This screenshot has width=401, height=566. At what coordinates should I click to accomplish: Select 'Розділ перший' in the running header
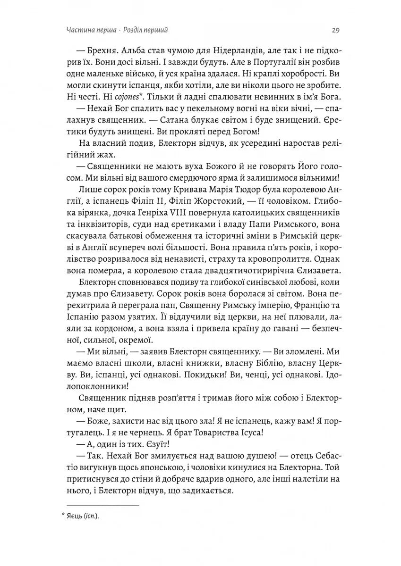tap(145, 31)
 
